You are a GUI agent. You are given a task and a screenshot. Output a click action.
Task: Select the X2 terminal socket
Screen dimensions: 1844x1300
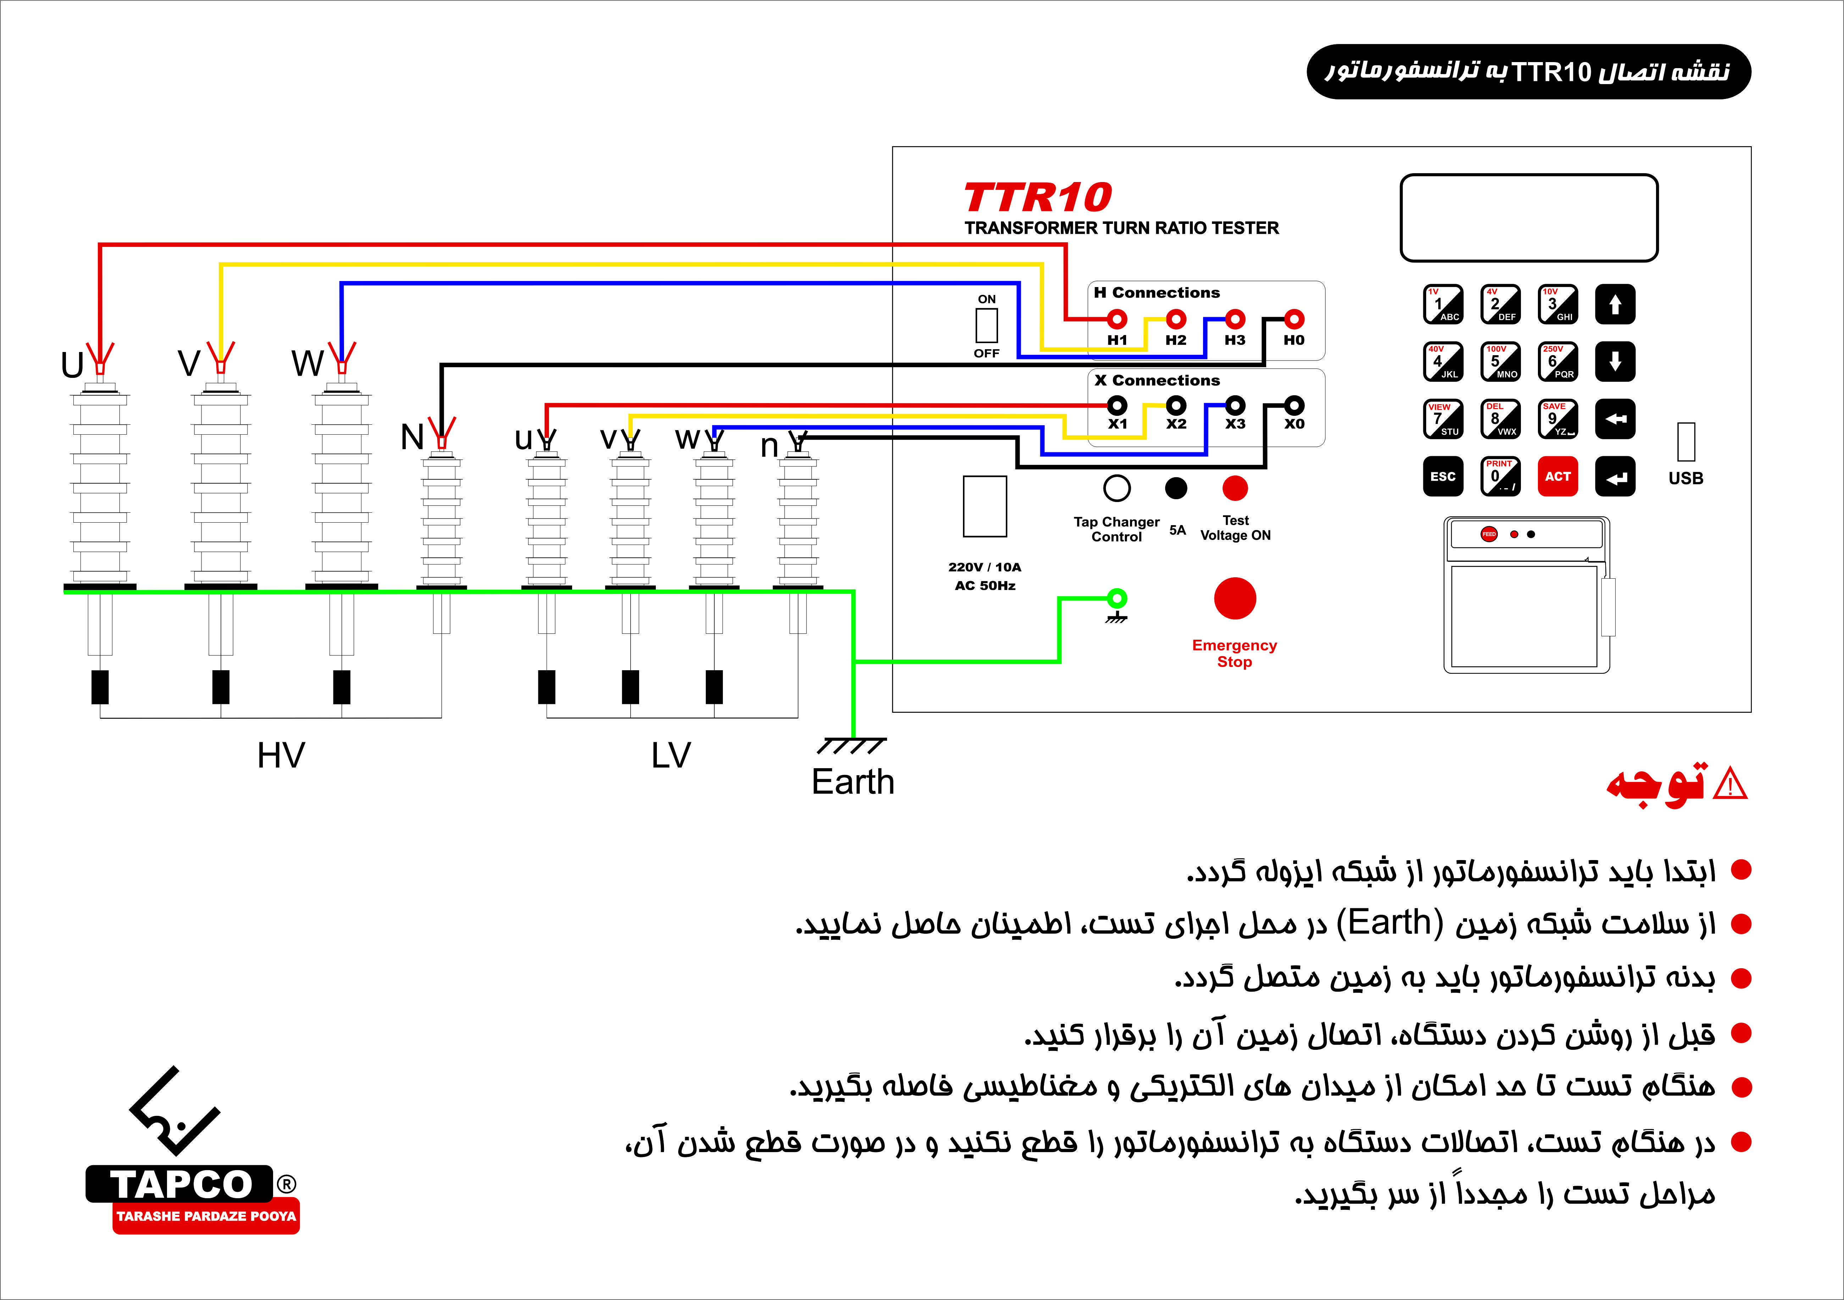click(x=1176, y=405)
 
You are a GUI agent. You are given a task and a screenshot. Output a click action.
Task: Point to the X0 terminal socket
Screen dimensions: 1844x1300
click(x=1294, y=405)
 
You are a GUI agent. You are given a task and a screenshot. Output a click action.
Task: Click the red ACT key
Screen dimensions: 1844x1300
click(x=1557, y=477)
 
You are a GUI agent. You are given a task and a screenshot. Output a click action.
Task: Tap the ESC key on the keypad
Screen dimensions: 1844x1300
click(x=1442, y=477)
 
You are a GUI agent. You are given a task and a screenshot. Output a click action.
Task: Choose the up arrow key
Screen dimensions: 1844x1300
click(x=1615, y=304)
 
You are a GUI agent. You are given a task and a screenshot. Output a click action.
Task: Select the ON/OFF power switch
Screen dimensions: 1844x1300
click(x=986, y=325)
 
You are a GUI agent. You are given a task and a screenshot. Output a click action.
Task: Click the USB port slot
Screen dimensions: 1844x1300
click(x=1686, y=442)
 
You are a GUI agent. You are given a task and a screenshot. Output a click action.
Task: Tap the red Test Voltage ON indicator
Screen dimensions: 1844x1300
click(x=1235, y=488)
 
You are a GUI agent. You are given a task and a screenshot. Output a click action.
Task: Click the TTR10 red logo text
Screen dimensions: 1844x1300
click(x=1038, y=198)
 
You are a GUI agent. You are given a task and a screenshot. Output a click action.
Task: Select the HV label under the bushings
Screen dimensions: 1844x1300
click(x=281, y=755)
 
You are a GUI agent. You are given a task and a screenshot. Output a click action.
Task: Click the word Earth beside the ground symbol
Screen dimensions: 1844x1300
click(x=853, y=782)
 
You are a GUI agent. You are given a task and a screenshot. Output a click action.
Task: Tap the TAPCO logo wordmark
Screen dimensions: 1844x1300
click(x=182, y=1184)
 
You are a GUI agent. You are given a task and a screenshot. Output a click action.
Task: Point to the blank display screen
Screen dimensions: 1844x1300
click(x=1529, y=218)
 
